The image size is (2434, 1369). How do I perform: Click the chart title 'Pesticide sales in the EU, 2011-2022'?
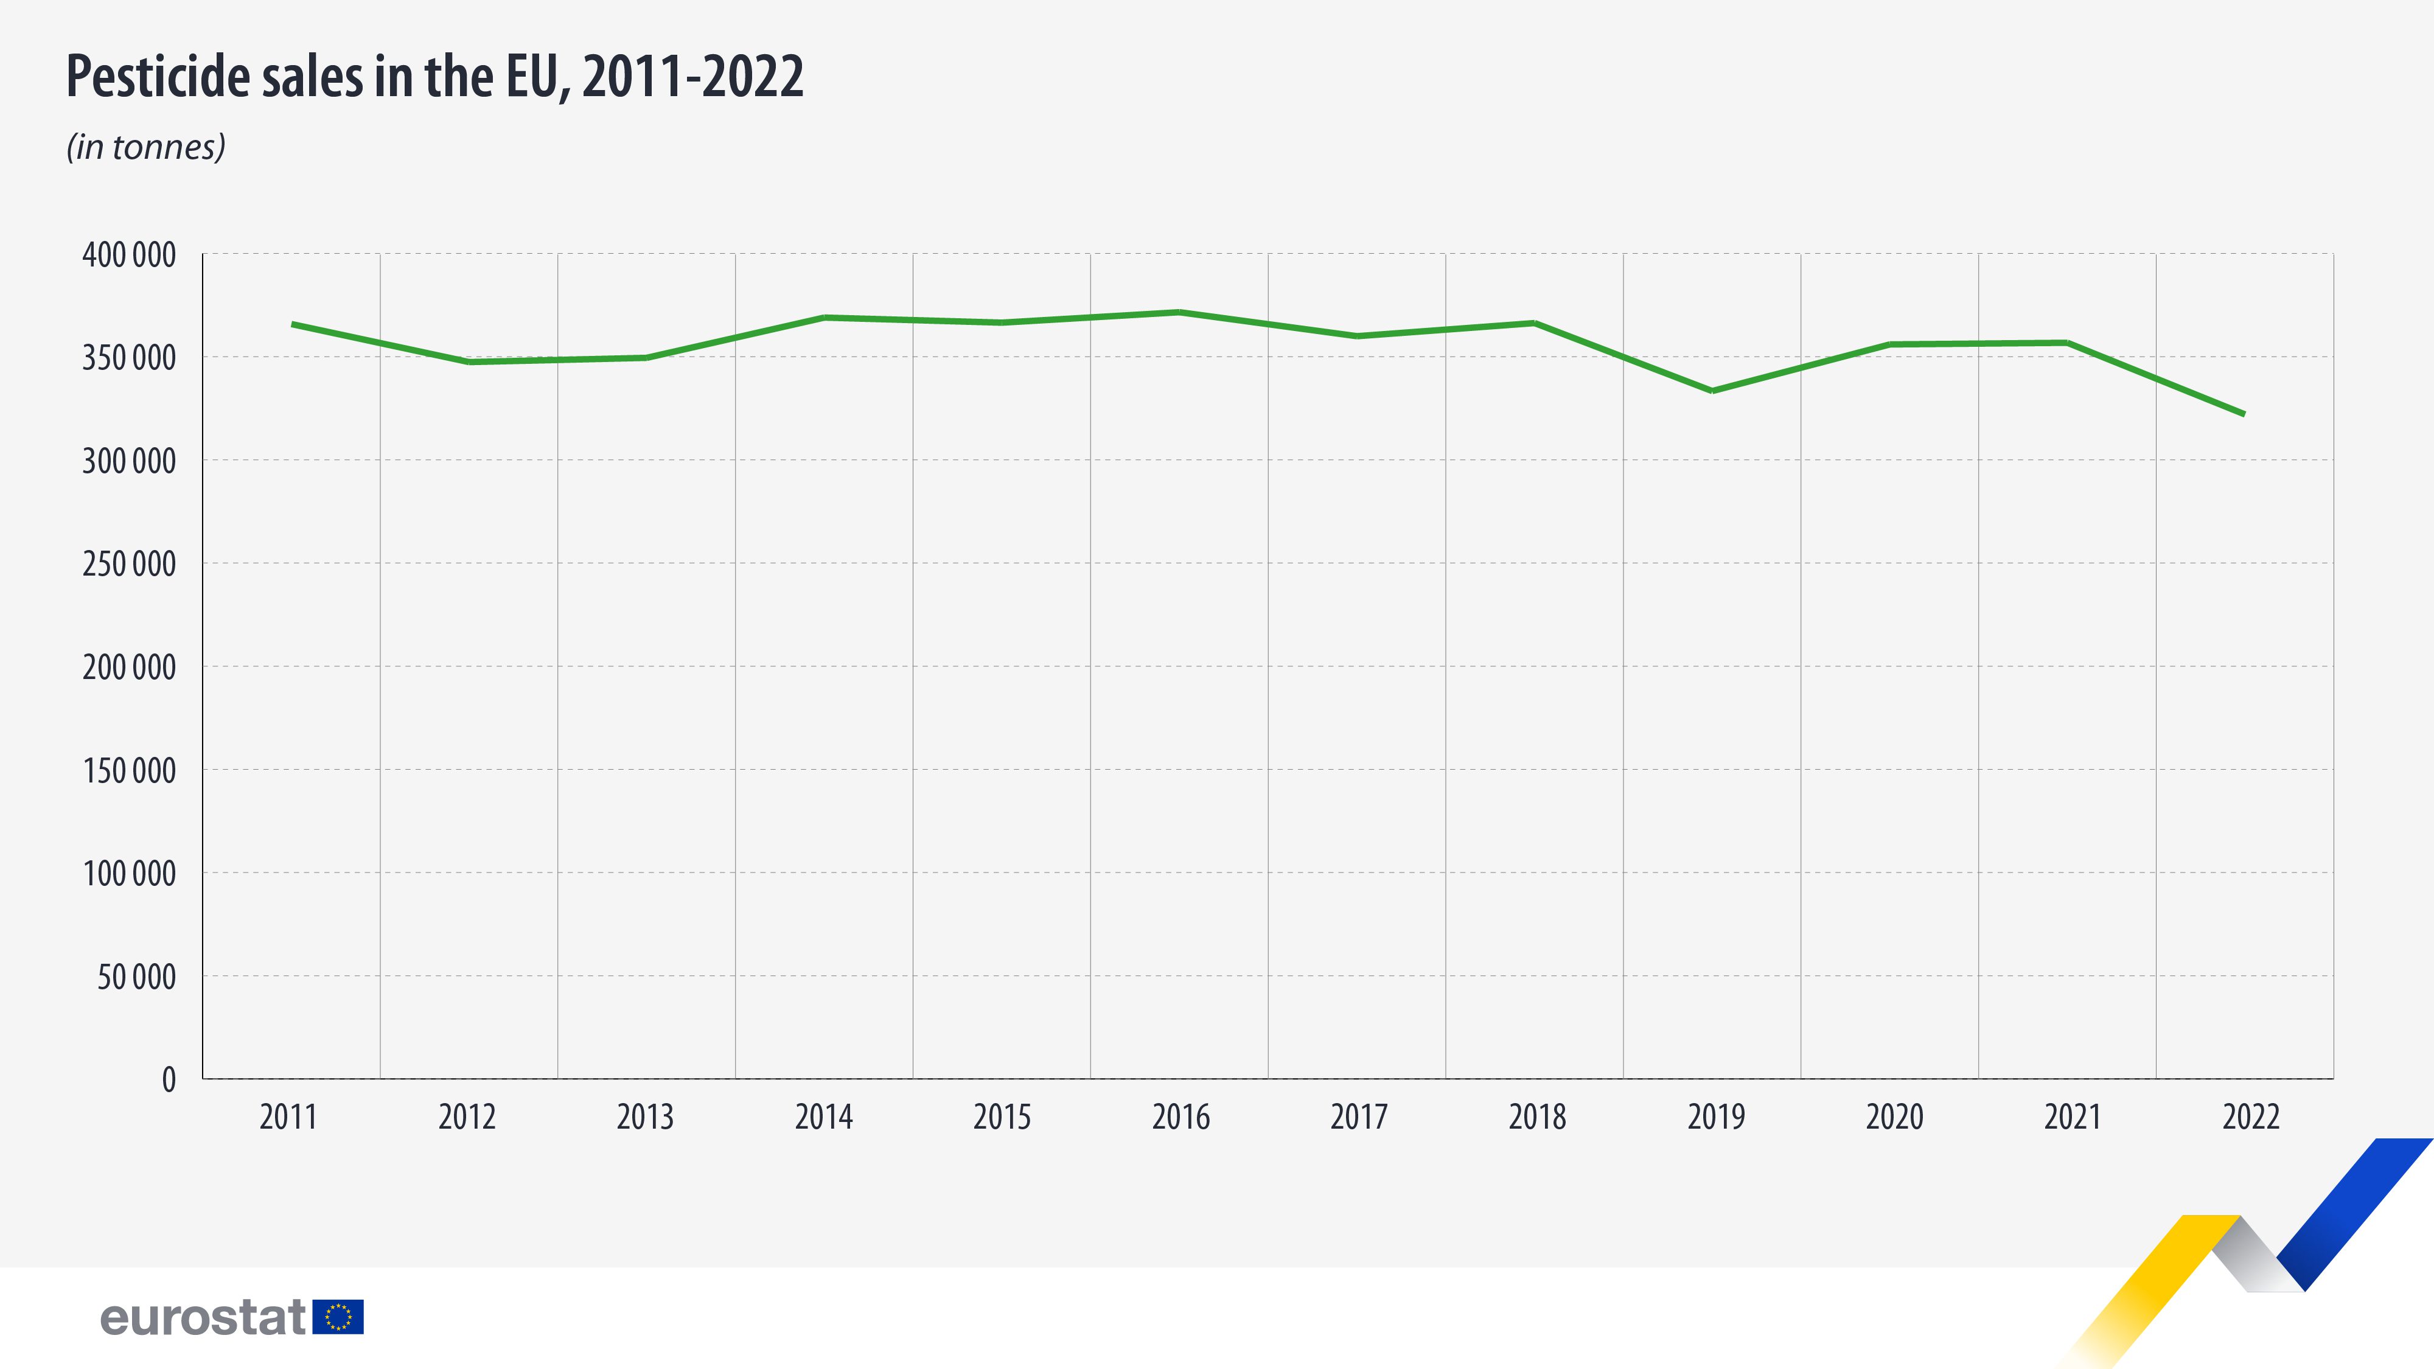tap(434, 77)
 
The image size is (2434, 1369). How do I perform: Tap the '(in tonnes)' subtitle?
tap(145, 147)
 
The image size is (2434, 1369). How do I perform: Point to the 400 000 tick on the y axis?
tap(130, 255)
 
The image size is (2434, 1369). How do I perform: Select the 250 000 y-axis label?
tap(130, 564)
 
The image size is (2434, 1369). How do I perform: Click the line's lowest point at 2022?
tap(2243, 414)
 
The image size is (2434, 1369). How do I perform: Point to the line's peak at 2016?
tap(1179, 312)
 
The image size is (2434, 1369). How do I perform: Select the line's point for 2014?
tap(825, 318)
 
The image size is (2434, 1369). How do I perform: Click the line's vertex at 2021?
tap(2068, 342)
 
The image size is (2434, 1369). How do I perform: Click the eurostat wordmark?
tap(203, 1317)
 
